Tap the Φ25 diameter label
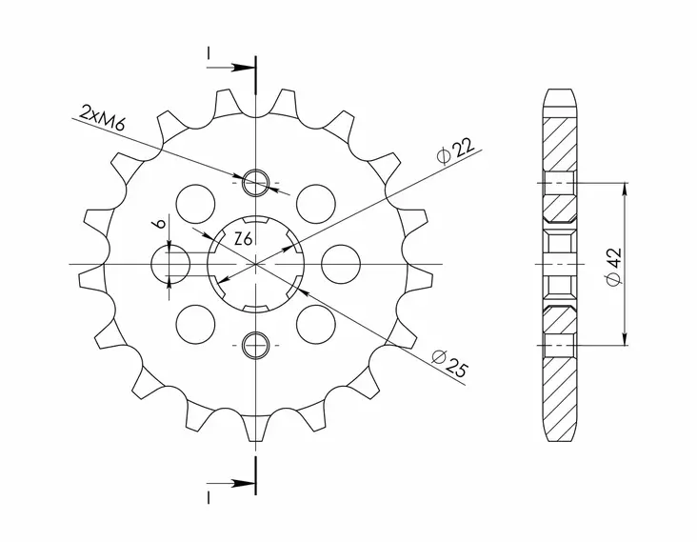point(448,362)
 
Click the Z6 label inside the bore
point(244,241)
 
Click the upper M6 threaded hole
point(256,180)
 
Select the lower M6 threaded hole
point(256,345)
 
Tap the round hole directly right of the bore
point(339,263)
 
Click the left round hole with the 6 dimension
point(172,263)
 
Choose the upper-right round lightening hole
point(316,202)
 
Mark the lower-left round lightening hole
point(196,323)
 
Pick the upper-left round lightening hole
point(196,202)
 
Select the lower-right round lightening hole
point(316,323)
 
